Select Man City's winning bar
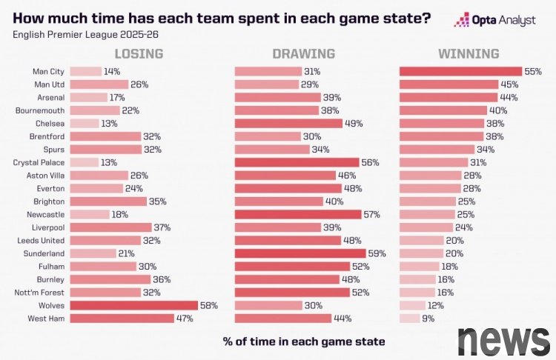coord(460,72)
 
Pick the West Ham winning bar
coord(409,319)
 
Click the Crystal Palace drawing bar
coord(297,162)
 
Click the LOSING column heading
coord(138,54)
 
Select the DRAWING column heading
coord(303,54)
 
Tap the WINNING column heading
coord(468,54)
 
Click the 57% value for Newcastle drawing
coord(372,214)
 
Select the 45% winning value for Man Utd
coord(509,84)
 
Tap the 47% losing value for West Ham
coord(185,319)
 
